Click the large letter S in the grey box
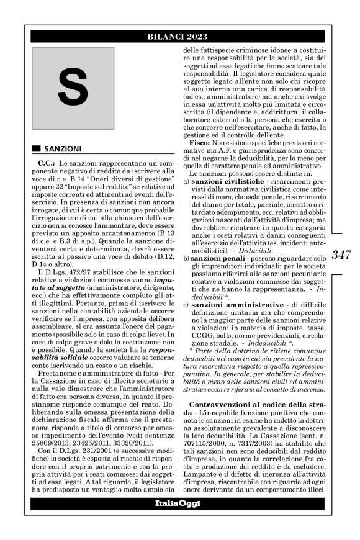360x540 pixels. pyautogui.click(x=73, y=89)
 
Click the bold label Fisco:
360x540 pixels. pyautogui.click(x=202, y=143)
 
